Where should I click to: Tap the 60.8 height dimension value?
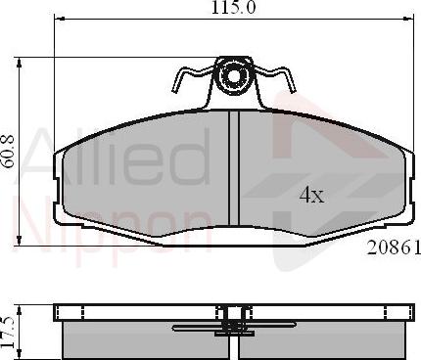coord(9,152)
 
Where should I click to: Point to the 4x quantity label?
coord(310,195)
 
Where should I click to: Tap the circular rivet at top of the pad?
coord(234,75)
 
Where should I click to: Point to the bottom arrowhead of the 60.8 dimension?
coord(22,240)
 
